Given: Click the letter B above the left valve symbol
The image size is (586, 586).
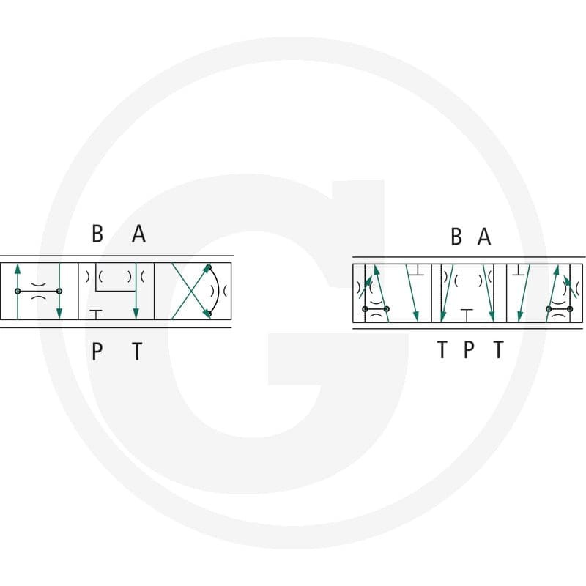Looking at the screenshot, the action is [97, 234].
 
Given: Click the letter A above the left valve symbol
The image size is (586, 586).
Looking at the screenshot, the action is [138, 234].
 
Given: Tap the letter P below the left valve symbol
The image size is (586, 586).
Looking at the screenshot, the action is [97, 351].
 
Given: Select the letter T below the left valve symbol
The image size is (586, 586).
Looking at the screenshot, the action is [138, 351].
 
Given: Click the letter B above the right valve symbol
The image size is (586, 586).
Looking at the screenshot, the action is [456, 236].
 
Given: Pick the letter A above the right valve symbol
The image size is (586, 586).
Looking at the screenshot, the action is [484, 236].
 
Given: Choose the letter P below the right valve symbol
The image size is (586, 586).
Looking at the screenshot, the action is [469, 349].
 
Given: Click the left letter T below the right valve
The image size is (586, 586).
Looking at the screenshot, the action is [442, 349].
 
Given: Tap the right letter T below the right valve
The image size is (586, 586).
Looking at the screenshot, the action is [499, 349].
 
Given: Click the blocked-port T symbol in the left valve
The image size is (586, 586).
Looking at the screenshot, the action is [96, 314].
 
